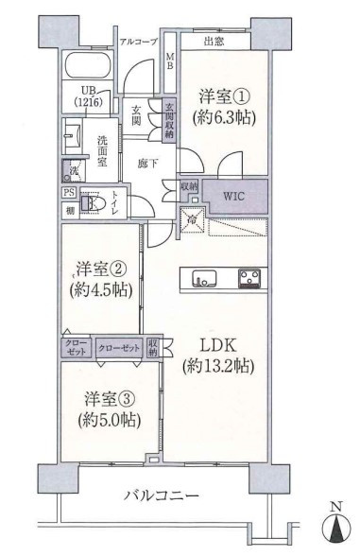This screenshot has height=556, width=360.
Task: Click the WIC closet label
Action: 233,197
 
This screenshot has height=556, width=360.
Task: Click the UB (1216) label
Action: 85,98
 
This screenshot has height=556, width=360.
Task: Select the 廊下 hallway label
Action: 146,162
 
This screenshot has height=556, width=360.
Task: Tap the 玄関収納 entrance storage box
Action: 169,120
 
